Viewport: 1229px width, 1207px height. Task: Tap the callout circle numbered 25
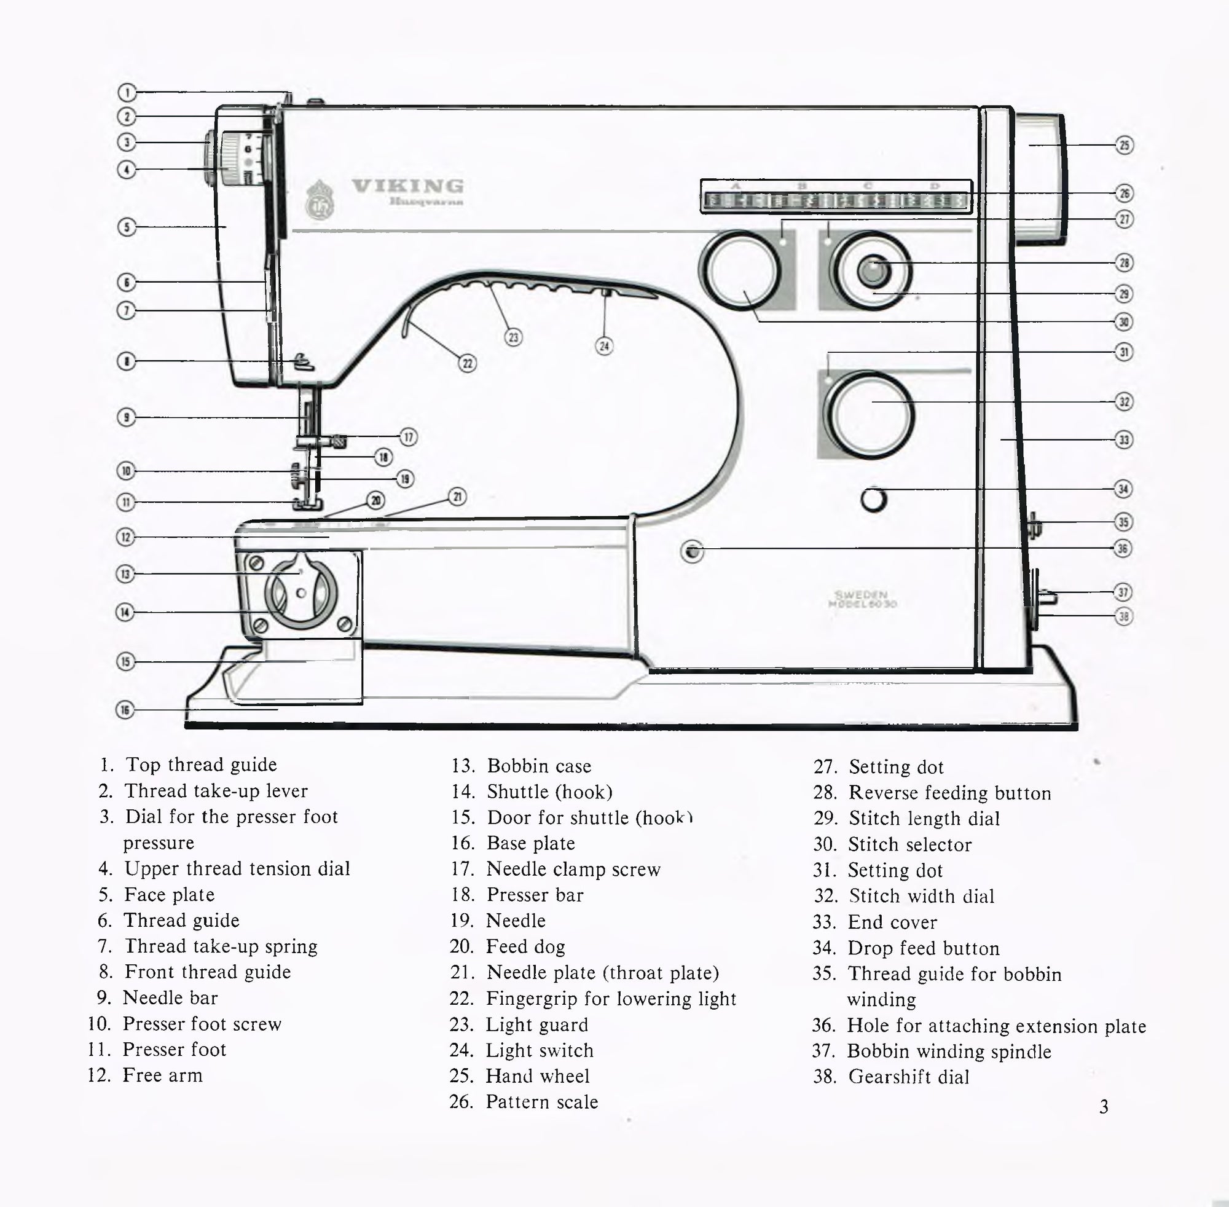click(1124, 145)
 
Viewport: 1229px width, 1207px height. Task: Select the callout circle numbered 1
click(127, 93)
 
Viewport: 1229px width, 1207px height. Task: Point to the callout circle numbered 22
click(467, 363)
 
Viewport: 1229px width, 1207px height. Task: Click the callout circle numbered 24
click(604, 345)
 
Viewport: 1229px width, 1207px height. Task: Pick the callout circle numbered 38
click(1123, 616)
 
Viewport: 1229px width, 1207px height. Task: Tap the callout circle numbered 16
click(125, 710)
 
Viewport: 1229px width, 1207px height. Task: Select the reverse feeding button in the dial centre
click(873, 271)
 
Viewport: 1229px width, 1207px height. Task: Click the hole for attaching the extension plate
click(691, 551)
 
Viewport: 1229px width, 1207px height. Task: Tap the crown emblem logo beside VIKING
click(317, 200)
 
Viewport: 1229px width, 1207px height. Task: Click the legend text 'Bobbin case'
click(539, 766)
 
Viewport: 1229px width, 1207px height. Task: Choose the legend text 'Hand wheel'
click(538, 1075)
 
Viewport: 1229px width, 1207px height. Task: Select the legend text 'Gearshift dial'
click(908, 1077)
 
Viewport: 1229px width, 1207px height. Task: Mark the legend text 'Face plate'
click(169, 894)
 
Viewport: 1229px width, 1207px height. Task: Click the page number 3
click(1104, 1107)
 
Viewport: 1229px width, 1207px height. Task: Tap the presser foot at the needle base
click(308, 504)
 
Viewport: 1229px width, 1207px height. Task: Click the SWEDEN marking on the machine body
click(861, 594)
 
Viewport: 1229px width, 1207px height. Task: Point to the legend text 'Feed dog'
click(525, 946)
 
